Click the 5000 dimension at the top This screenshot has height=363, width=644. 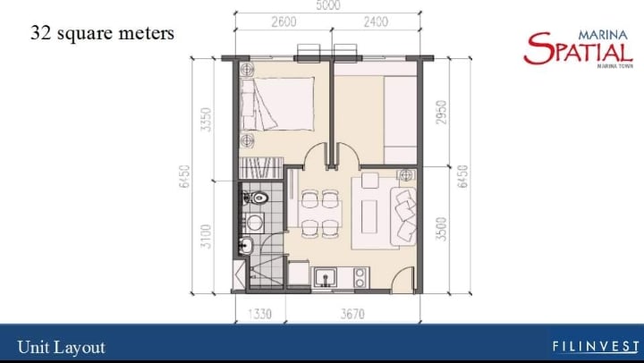point(328,5)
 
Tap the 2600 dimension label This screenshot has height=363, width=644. point(284,21)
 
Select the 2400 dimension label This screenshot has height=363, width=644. point(376,21)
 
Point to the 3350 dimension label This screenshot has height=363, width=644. point(207,120)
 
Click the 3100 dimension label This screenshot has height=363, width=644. point(207,236)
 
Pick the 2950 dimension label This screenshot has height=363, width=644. point(442,113)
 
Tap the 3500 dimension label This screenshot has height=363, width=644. point(442,229)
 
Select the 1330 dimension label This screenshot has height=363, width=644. point(259,314)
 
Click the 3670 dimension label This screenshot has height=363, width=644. point(352,314)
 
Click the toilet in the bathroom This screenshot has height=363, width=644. point(256,198)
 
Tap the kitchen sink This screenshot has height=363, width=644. point(326,277)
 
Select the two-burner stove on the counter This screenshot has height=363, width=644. point(360,277)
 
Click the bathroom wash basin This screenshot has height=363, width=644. point(247,246)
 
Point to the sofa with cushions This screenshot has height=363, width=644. point(403,216)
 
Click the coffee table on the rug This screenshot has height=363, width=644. point(369,216)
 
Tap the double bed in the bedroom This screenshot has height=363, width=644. point(277,104)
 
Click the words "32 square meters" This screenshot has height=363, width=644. point(102,33)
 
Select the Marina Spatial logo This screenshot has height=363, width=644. point(579,48)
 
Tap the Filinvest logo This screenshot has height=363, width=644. point(596,347)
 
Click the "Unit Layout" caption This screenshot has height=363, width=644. point(61,348)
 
